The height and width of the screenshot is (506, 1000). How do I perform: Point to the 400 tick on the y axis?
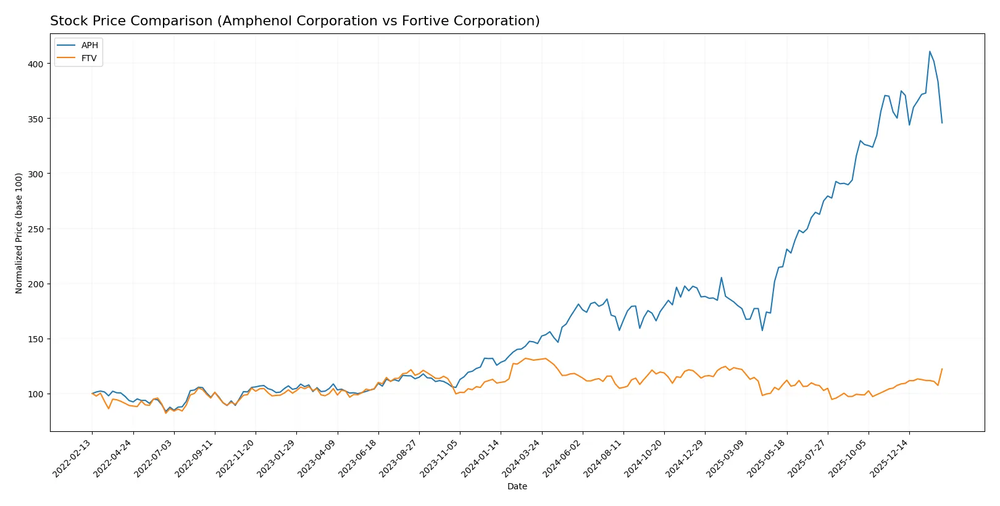pyautogui.click(x=36, y=64)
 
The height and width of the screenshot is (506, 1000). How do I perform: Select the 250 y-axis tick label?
pyautogui.click(x=36, y=229)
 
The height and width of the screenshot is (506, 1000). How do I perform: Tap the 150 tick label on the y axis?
pyautogui.click(x=36, y=339)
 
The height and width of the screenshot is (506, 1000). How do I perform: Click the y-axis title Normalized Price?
pyautogui.click(x=19, y=233)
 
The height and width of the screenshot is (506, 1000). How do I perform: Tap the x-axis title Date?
pyautogui.click(x=517, y=486)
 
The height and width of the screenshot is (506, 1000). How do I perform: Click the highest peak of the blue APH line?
pyautogui.click(x=930, y=51)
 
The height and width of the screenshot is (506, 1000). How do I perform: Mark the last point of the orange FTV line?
pyautogui.click(x=942, y=369)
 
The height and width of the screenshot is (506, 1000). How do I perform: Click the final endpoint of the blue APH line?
pyautogui.click(x=942, y=123)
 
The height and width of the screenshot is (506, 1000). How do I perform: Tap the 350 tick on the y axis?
pyautogui.click(x=36, y=119)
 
